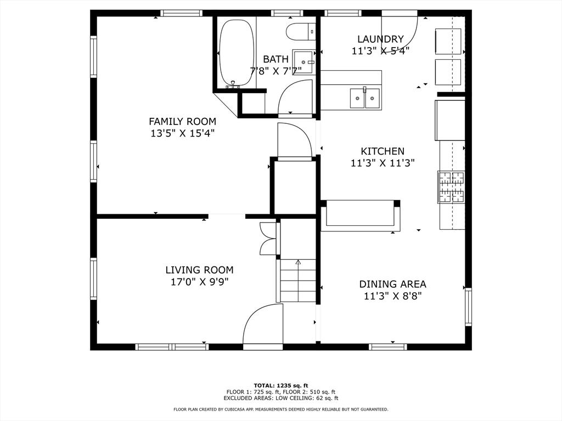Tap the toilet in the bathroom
click(301, 31)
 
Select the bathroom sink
click(303, 61)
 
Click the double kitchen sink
click(365, 98)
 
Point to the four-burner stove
click(451, 187)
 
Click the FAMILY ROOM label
click(182, 121)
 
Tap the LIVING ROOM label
click(199, 270)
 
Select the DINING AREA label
click(393, 285)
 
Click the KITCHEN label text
click(383, 151)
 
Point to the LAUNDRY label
click(381, 39)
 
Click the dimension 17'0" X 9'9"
click(200, 282)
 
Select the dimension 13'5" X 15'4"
click(182, 134)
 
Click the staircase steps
click(298, 281)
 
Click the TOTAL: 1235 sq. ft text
click(281, 385)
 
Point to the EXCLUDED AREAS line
click(281, 398)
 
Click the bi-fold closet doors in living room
click(267, 239)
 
